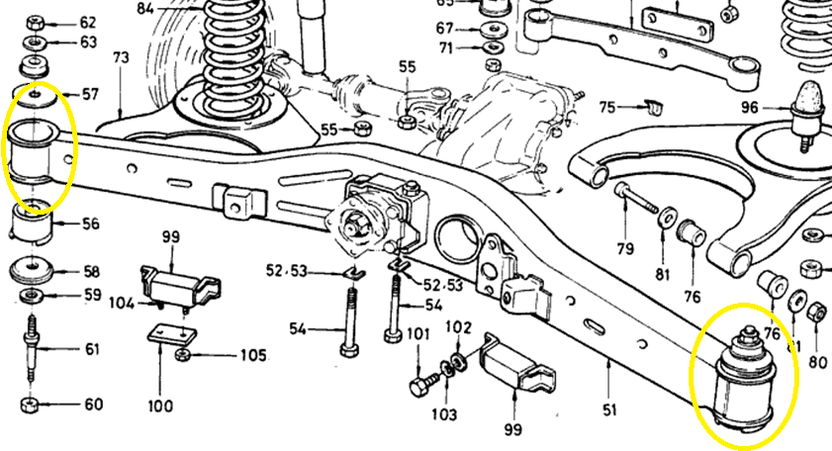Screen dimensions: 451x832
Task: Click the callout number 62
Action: [88, 22]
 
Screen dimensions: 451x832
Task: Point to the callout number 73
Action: [121, 58]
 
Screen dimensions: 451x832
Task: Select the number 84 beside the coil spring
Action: [146, 8]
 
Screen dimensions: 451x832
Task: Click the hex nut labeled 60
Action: [30, 406]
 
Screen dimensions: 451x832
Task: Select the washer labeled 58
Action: [34, 270]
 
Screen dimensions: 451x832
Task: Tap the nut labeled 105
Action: [183, 354]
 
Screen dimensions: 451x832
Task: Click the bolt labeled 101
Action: [417, 380]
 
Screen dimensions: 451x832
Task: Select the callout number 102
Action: [458, 327]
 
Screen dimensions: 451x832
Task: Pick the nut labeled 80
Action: [816, 314]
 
